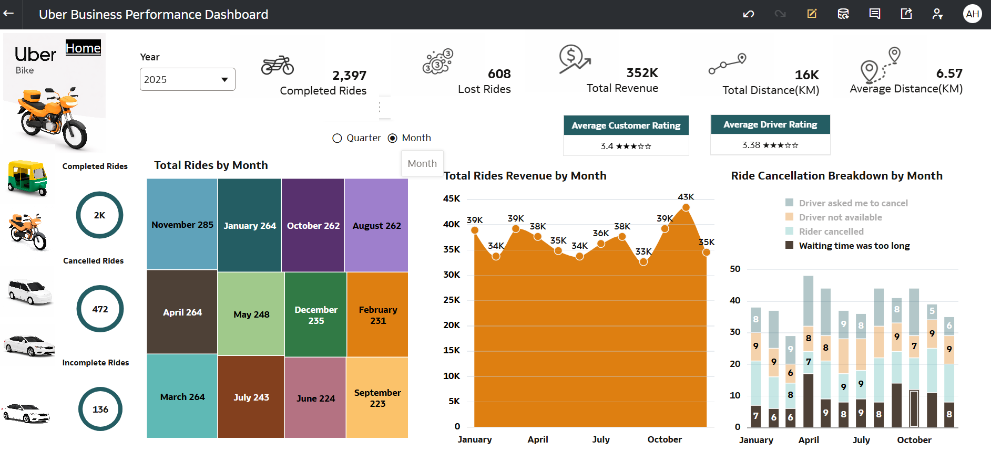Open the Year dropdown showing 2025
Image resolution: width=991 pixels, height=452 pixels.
click(187, 79)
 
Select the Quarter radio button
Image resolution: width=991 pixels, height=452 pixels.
click(337, 138)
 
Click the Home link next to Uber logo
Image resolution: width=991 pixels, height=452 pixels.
click(83, 48)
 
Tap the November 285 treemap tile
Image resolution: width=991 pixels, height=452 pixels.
click(182, 224)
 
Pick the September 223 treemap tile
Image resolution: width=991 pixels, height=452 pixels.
click(377, 397)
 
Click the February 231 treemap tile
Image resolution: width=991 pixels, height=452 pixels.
click(377, 314)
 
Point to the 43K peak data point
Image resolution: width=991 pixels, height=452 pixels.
click(686, 207)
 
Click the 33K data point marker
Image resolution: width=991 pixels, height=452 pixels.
click(643, 261)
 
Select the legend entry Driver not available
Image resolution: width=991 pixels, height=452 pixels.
click(840, 217)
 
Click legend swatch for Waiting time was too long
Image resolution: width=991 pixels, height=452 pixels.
click(789, 245)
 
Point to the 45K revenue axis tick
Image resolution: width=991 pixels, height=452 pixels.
click(452, 198)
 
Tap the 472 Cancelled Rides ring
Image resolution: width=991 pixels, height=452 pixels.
click(100, 309)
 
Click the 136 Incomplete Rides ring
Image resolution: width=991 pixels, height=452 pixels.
click(100, 409)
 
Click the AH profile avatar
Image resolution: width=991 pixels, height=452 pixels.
click(972, 14)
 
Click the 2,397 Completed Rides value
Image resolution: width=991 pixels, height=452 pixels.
click(349, 76)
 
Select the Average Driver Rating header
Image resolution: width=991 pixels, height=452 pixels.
click(770, 124)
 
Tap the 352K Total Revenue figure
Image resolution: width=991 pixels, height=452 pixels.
click(642, 73)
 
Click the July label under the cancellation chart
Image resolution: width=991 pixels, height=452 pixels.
click(861, 440)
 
